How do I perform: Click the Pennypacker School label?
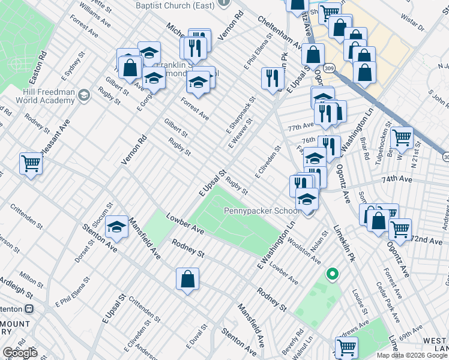[x=262, y=211]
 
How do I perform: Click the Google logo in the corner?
[x=20, y=353]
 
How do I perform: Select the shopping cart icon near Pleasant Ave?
[x=31, y=163]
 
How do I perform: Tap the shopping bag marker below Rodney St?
[x=187, y=279]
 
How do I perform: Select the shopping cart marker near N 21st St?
[x=402, y=137]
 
